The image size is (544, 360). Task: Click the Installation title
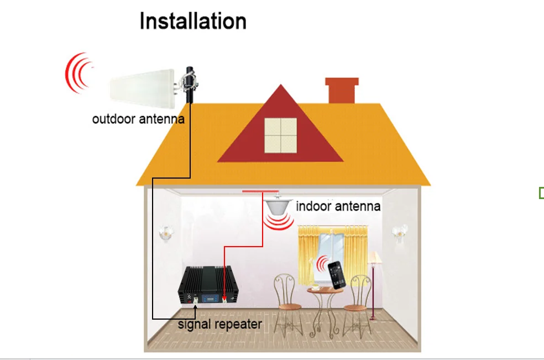(193, 21)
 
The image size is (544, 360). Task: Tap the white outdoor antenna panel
(142, 85)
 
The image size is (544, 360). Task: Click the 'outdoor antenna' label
(138, 119)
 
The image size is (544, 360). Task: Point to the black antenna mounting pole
(190, 85)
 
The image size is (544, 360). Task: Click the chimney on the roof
(342, 90)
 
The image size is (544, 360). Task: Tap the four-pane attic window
(281, 135)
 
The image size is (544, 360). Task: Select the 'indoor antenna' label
(338, 206)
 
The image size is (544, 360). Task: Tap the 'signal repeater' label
(220, 324)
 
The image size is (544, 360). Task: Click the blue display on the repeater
(210, 298)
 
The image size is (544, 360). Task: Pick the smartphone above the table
(337, 275)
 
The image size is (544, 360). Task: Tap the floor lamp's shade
(374, 258)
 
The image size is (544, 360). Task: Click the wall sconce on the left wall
(166, 233)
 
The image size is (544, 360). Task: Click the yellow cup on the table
(315, 287)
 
